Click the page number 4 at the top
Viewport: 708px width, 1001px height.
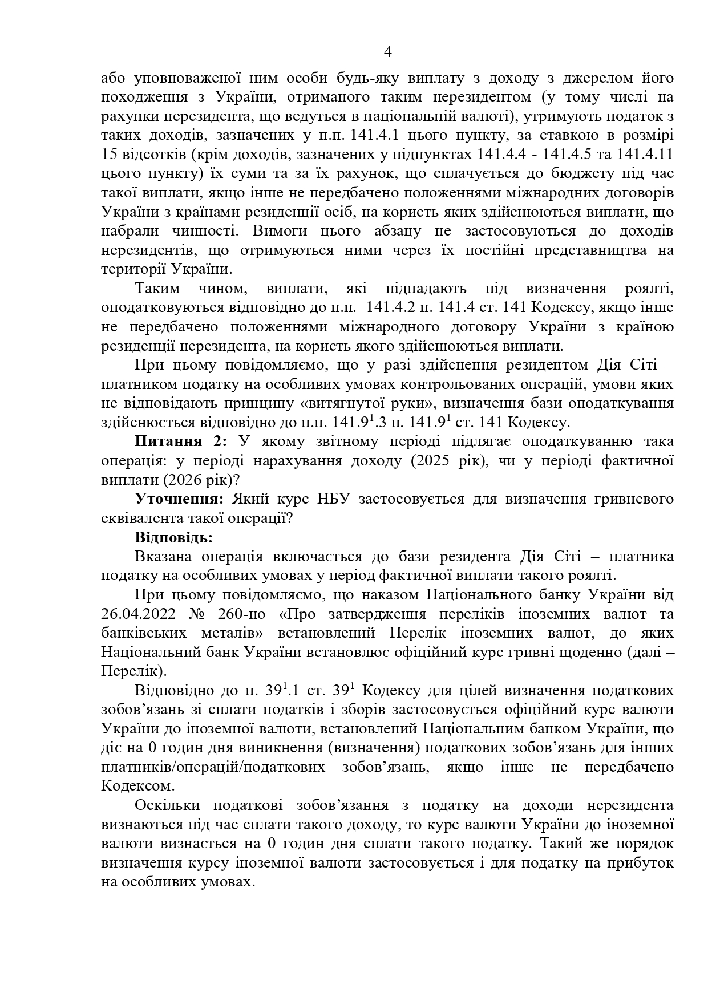388,53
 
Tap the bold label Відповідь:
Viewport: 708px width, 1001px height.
173,538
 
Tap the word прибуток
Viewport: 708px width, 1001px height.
642,864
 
